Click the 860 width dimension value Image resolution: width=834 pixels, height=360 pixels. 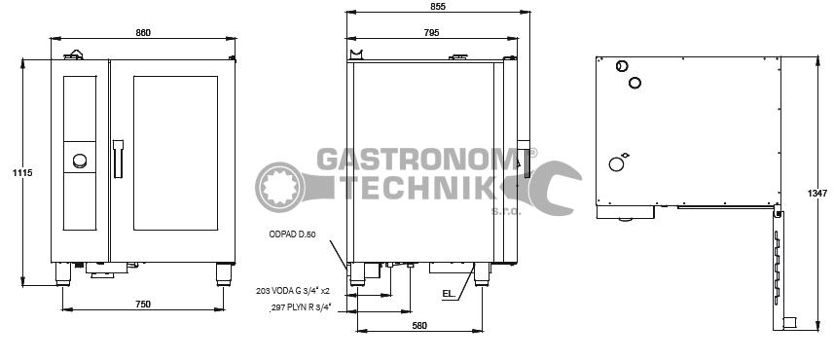143,32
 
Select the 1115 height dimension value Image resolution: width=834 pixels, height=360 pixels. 23,173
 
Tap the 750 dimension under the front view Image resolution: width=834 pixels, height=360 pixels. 143,305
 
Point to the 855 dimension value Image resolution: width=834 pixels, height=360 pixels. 438,7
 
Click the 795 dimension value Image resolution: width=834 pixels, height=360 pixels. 432,32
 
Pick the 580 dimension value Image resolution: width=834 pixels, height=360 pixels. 419,325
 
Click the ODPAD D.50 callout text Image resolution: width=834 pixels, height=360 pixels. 293,234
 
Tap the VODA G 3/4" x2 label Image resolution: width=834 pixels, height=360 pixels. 301,291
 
